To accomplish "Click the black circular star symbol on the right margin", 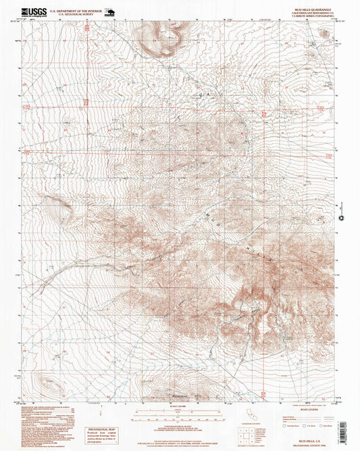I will pos(342,217).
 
